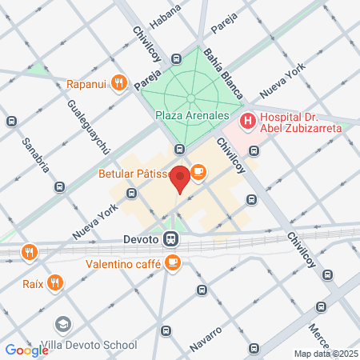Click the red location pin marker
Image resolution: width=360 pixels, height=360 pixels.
click(x=182, y=178)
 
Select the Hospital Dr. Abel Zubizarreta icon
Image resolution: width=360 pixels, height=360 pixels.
click(x=248, y=121)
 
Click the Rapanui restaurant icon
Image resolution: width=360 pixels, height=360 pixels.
click(x=118, y=82)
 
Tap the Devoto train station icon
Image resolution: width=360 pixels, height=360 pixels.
click(x=170, y=238)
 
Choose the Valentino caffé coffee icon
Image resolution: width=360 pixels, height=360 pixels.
click(x=172, y=262)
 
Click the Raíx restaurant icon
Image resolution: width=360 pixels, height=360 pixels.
click(x=54, y=282)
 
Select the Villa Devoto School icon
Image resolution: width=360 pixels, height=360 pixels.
click(x=63, y=325)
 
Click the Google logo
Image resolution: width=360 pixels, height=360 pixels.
click(x=26, y=350)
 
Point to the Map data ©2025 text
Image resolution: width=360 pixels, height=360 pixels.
click(x=326, y=354)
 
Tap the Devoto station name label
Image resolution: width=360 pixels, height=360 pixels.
click(x=142, y=238)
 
